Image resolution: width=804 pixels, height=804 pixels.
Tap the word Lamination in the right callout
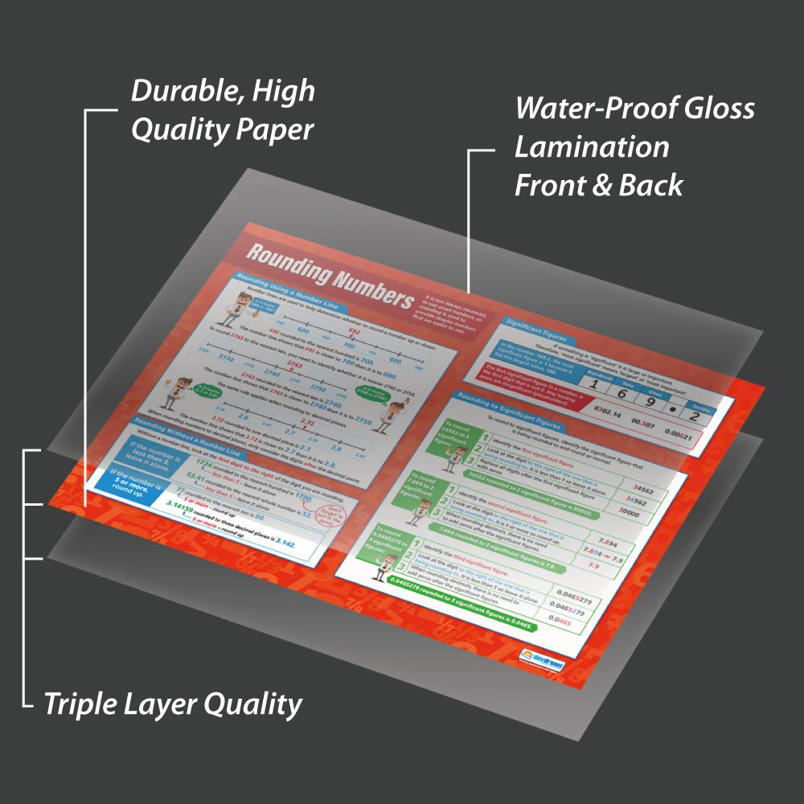pyautogui.click(x=592, y=147)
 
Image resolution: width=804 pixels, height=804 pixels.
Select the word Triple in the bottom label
pyautogui.click(x=82, y=704)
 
